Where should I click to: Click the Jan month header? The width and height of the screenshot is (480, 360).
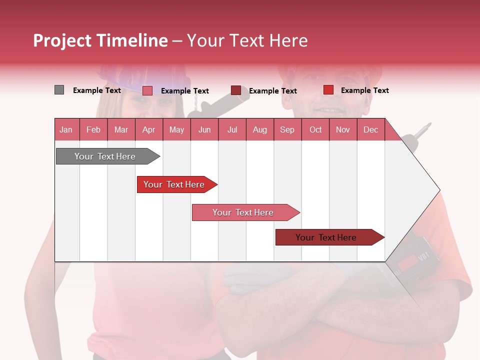66,129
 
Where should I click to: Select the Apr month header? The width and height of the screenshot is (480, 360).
148,129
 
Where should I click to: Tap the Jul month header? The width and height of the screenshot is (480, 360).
232,129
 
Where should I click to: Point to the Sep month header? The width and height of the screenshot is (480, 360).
287,129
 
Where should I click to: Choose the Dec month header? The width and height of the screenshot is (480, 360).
370,129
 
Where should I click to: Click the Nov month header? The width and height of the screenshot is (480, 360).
342,129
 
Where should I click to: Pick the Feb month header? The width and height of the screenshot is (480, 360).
93,129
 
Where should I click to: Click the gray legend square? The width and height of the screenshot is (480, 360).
59,90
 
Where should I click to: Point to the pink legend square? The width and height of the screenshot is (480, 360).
147,90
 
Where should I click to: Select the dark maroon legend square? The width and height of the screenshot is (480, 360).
236,90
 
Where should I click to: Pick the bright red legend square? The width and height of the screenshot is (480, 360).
328,90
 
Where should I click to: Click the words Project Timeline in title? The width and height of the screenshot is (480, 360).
100,40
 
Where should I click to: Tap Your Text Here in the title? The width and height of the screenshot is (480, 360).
247,40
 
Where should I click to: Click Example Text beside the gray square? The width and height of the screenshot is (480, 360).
97,90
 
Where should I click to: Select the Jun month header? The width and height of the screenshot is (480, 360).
204,129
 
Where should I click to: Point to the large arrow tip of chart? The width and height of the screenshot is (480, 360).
430,190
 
